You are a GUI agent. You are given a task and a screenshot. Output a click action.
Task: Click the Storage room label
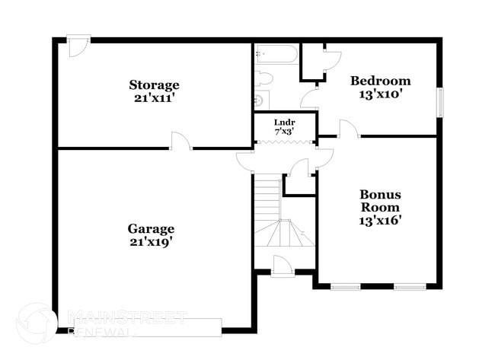pyautogui.click(x=154, y=84)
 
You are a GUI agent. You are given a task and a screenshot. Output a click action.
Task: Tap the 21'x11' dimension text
pyautogui.click(x=154, y=97)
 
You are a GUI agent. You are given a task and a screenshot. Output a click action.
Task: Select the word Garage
pyautogui.click(x=151, y=228)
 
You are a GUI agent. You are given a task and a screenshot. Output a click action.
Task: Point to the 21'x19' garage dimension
pyautogui.click(x=151, y=242)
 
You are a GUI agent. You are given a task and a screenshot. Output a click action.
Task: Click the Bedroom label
pyautogui.click(x=380, y=81)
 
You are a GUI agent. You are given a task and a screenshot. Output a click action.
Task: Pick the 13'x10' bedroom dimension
pyautogui.click(x=380, y=94)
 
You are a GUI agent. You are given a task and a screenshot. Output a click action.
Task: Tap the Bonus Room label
pyautogui.click(x=380, y=201)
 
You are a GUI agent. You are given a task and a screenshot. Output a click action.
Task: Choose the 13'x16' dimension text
pyautogui.click(x=380, y=221)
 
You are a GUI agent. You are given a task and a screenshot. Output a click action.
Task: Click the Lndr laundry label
pyautogui.click(x=284, y=122)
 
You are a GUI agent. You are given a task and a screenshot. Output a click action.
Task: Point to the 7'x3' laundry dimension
pyautogui.click(x=284, y=132)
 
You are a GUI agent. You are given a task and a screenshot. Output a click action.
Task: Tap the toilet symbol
pyautogui.click(x=263, y=78)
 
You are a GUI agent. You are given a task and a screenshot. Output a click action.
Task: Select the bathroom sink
pyautogui.click(x=260, y=100)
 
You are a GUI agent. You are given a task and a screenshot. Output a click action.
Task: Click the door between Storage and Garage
pyautogui.click(x=180, y=141)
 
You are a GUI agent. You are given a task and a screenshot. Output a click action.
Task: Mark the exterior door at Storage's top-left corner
pyautogui.click(x=77, y=45)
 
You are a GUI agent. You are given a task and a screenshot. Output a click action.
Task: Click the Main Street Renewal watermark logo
pyautogui.click(x=34, y=320)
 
